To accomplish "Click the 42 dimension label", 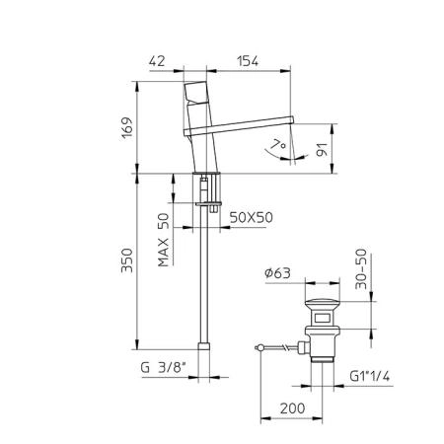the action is point(157,61).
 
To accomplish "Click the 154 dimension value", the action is point(248,61).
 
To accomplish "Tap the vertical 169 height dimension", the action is point(127,127).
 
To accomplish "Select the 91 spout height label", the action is point(323,150).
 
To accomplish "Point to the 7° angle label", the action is point(278,144).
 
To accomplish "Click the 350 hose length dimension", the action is point(127,260).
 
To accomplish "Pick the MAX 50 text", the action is point(164,240).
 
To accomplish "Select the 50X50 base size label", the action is point(252,217).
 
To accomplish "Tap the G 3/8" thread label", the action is point(164,367).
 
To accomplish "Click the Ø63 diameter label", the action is point(278,273).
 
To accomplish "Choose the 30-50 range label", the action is point(361,269).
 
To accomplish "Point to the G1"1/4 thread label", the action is point(370,376).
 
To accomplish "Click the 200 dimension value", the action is point(292,408).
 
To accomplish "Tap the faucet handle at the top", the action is point(196,92).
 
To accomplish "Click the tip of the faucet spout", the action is point(292,119).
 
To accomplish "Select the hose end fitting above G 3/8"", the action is point(204,346).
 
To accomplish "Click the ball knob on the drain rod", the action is point(259,347).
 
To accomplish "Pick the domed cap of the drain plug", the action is point(323,304).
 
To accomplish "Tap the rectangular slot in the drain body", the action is point(323,318).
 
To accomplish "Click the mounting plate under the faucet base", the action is point(209,204).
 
